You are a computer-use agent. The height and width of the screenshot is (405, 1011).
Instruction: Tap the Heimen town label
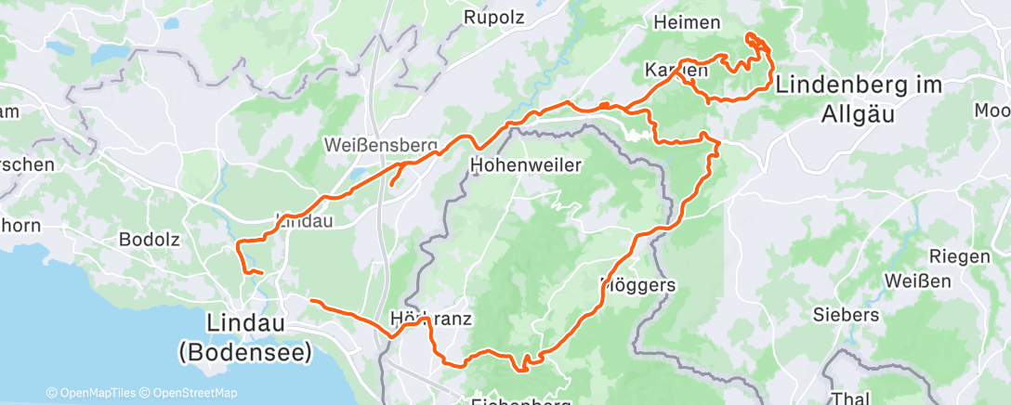[x=688, y=22]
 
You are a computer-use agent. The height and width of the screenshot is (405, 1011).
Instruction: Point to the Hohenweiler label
[x=526, y=165]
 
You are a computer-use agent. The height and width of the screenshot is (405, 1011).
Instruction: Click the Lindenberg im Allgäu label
[x=858, y=98]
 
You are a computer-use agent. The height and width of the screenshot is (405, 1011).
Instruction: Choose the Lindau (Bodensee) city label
[x=246, y=337]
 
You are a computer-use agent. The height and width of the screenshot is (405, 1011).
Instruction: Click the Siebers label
[x=845, y=314]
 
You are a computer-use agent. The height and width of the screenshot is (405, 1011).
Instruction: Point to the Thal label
[x=850, y=398]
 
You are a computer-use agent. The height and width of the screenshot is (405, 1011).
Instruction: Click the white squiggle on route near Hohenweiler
[x=637, y=136]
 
